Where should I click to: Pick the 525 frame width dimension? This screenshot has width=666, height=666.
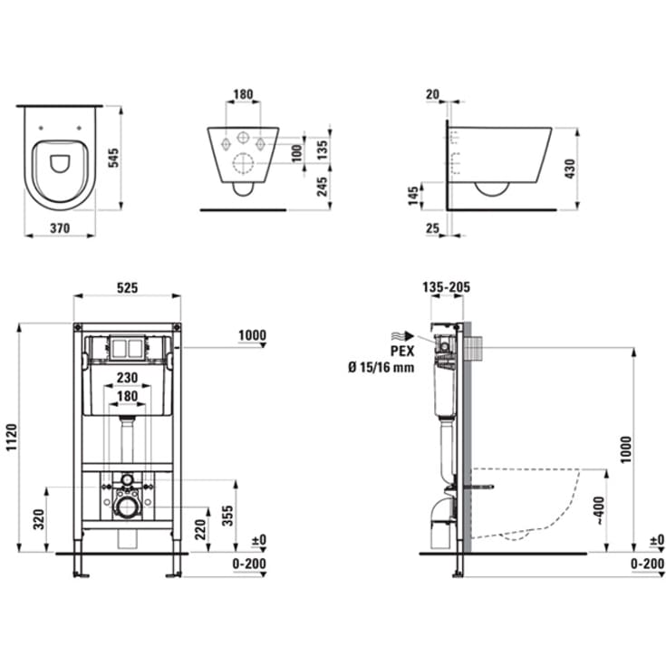tap(126, 288)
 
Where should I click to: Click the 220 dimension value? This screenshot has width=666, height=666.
tap(199, 529)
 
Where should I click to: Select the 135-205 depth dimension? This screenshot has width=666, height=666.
tap(446, 288)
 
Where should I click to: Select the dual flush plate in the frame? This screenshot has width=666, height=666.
tap(126, 347)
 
